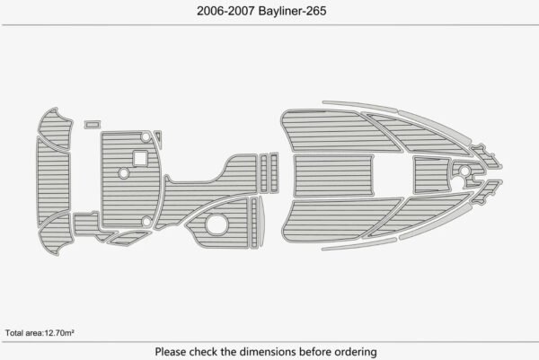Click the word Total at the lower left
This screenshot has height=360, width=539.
(15, 333)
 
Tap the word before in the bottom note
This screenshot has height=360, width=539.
(314, 351)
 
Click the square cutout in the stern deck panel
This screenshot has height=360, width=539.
(140, 159)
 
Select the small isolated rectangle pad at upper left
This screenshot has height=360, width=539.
(90, 125)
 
